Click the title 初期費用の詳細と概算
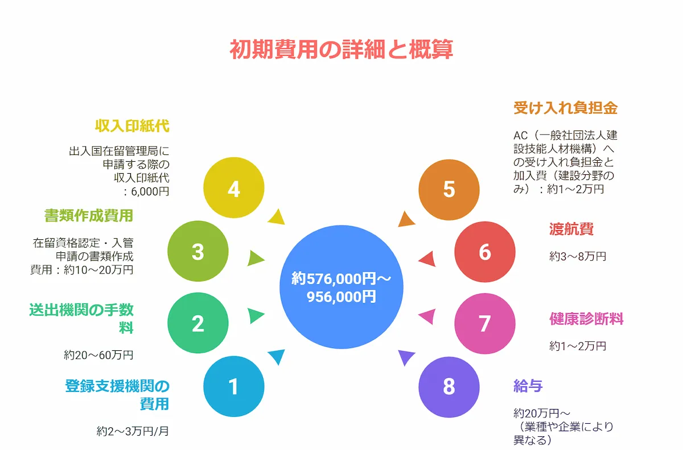(x=341, y=50)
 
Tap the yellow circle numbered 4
(x=233, y=189)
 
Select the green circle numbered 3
(x=198, y=252)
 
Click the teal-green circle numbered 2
(x=198, y=324)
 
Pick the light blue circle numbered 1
(x=233, y=387)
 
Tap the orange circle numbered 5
(x=449, y=189)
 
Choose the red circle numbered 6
(x=484, y=252)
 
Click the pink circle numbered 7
(x=484, y=324)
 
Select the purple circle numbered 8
(x=449, y=387)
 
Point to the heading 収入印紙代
(x=133, y=126)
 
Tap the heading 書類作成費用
(x=89, y=215)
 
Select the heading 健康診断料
(x=586, y=318)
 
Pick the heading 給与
(x=528, y=386)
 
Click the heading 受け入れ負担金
(x=565, y=108)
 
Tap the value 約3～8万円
(x=578, y=256)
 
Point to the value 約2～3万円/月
(x=133, y=431)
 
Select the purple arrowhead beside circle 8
(x=405, y=357)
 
